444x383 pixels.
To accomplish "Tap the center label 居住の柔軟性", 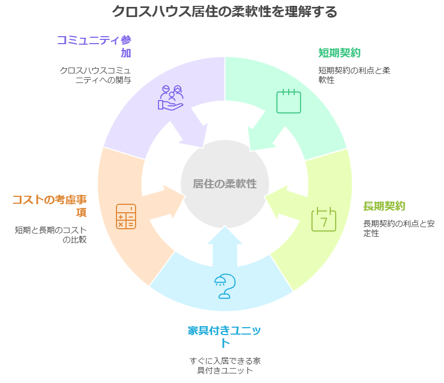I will (224, 184).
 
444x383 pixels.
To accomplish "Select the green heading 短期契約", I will (339, 53).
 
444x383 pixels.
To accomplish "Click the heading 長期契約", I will (384, 206).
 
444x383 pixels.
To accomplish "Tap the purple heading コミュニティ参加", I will (94, 46).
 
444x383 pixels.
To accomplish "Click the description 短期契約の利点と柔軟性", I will (354, 75).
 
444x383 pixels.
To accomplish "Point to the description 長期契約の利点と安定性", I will (398, 228).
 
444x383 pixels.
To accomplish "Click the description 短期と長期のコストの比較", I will (51, 235).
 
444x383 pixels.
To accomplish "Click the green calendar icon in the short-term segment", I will (288, 101).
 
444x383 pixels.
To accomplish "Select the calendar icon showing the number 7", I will (324, 219).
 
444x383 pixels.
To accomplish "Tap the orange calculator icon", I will (126, 217).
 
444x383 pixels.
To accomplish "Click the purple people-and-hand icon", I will (171, 97).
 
